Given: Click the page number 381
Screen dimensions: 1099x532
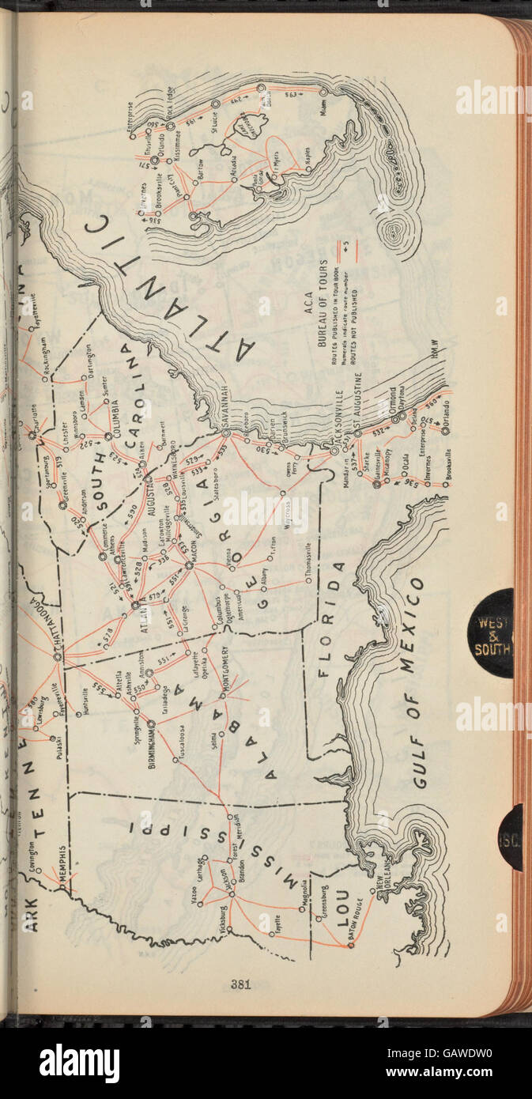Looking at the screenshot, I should coord(241,984).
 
